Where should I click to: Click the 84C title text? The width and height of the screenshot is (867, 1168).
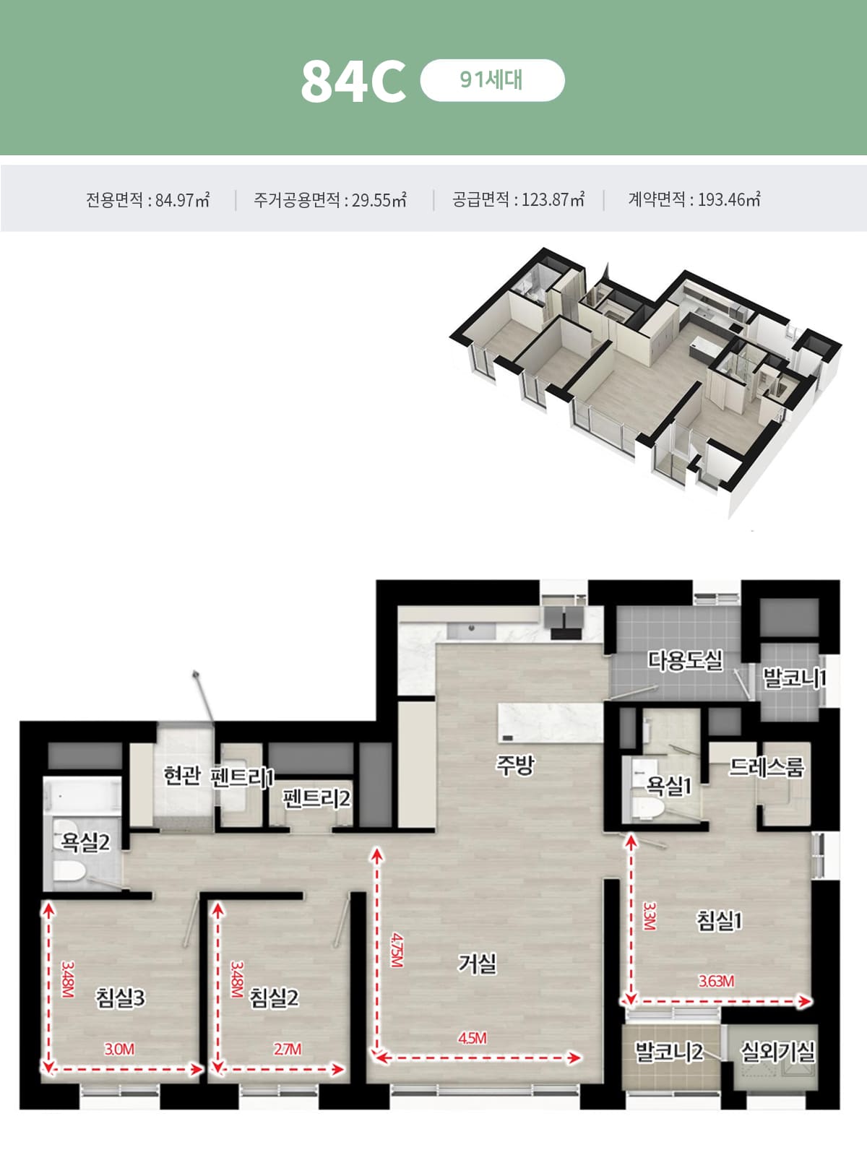coord(353,81)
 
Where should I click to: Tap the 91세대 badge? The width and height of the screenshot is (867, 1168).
coord(491,79)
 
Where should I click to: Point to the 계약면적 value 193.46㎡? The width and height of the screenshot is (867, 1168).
coord(728,199)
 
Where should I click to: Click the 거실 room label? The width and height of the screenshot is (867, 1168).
coord(478,963)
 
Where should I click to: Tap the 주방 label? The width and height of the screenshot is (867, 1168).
coord(514,765)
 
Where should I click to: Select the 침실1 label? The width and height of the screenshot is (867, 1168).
coord(719,920)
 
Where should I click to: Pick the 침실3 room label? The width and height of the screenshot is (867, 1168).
coord(121,998)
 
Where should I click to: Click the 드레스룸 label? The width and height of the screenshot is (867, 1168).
coord(767,766)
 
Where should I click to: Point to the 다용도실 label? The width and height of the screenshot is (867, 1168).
coord(685,660)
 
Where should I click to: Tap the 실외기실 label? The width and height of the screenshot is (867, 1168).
coord(777,1051)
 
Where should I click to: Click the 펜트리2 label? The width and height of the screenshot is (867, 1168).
coord(316,798)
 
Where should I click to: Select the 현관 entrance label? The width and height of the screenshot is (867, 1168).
coord(181,776)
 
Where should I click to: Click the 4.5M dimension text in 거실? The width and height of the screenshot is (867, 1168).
coord(473,1038)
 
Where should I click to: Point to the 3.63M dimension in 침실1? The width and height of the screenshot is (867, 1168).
coord(716,981)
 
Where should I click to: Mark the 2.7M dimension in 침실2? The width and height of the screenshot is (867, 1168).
coord(287,1049)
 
